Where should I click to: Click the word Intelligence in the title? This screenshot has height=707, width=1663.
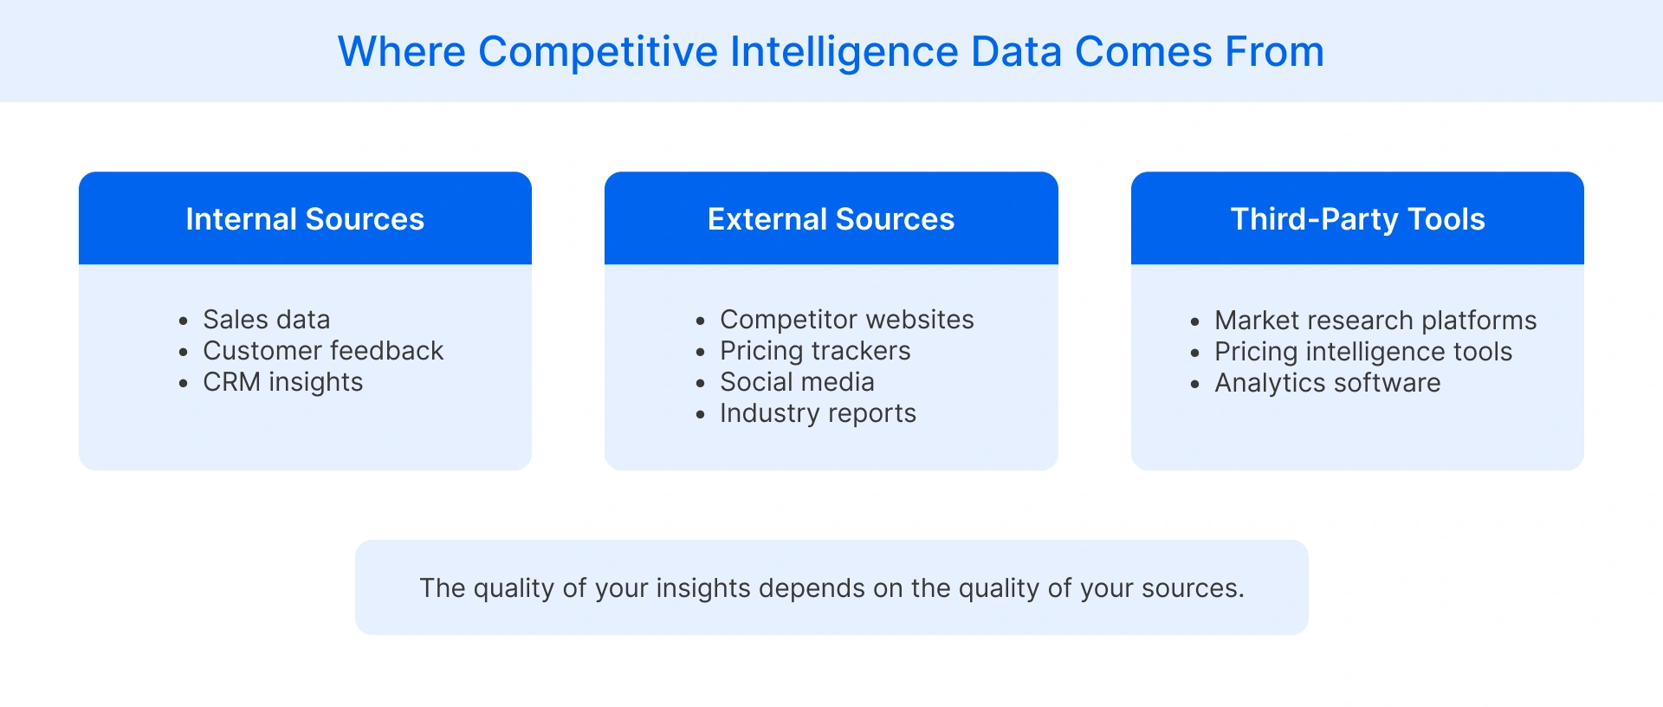tap(844, 52)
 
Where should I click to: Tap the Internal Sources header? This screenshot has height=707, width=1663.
tap(305, 219)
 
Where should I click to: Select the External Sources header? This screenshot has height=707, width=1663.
tap(831, 219)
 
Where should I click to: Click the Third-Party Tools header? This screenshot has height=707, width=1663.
tap(1357, 219)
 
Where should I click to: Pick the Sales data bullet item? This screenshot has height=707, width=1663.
tap(266, 320)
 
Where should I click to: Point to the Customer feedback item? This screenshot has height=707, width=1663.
tap(322, 351)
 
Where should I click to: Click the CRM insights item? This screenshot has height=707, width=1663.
tap(282, 382)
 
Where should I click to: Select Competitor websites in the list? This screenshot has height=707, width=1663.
tap(846, 320)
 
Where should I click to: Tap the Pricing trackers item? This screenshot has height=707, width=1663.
tap(814, 351)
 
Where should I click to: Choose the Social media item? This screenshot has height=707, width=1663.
tap(797, 382)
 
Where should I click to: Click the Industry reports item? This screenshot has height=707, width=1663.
tap(817, 413)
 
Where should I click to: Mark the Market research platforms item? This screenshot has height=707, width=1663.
tap(1375, 321)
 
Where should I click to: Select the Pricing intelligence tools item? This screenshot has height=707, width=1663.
tap(1362, 352)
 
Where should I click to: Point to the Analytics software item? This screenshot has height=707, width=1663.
tap(1327, 383)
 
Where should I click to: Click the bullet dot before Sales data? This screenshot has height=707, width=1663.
tap(184, 321)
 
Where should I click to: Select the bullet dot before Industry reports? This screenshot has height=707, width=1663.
tap(701, 415)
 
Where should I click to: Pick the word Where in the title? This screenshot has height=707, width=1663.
tap(401, 52)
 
